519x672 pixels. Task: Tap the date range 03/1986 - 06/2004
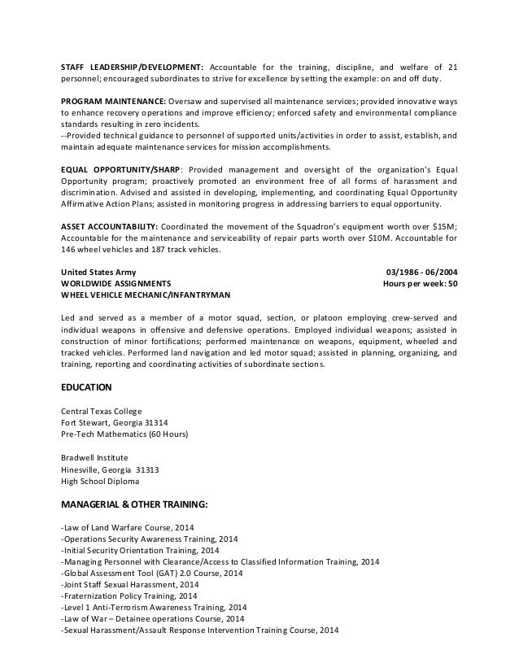[420, 272]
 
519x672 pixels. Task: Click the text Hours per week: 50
[419, 284]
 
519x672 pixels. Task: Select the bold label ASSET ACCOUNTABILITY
[110, 225]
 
